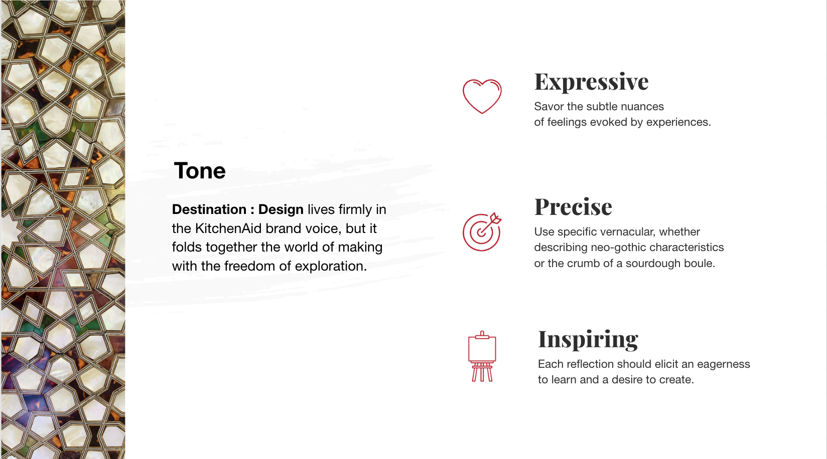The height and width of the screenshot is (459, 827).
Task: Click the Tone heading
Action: pos(199,171)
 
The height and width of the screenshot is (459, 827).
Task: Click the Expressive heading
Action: pos(591,82)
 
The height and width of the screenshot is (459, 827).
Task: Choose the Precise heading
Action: pos(573,206)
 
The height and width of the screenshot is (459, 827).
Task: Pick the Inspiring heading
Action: pos(588,340)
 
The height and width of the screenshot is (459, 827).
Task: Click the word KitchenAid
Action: pos(228,228)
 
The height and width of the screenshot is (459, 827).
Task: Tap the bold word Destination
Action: pos(209,209)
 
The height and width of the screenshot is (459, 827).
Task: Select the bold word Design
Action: pos(281,209)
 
